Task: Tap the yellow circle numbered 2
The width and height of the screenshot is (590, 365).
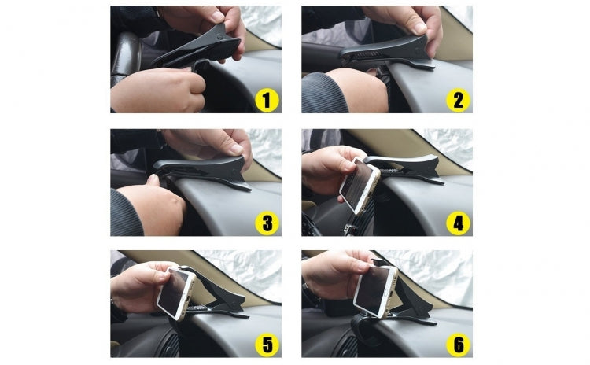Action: tap(457, 99)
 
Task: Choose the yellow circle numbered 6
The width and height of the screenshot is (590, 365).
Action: tap(457, 345)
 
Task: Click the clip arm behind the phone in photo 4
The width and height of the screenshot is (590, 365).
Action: tap(409, 165)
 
